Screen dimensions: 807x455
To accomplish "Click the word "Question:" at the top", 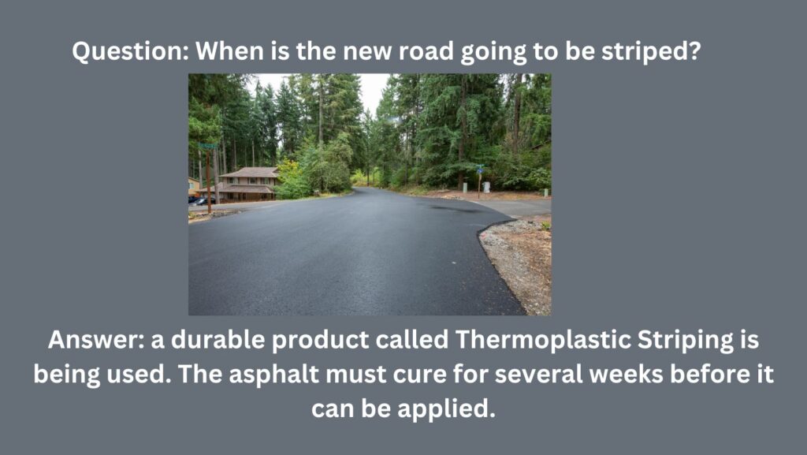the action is [x=131, y=51].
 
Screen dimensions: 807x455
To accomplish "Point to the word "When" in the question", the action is [x=230, y=51].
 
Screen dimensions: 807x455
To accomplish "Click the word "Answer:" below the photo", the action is [x=96, y=340].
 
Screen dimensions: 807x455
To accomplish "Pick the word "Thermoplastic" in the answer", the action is [x=542, y=340].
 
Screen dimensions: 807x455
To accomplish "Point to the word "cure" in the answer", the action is [x=419, y=375].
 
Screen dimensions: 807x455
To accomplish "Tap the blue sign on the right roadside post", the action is [x=480, y=168].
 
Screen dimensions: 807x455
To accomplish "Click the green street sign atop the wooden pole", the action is [x=208, y=146].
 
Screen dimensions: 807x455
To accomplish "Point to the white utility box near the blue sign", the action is [x=485, y=187].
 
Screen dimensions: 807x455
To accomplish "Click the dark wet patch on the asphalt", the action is [x=453, y=209].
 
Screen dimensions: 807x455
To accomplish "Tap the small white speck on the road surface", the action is [x=453, y=263].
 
